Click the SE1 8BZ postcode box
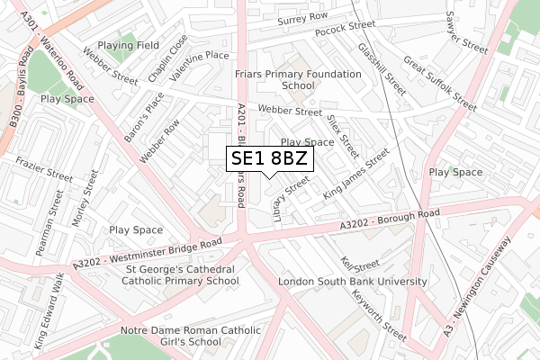[x=270, y=159]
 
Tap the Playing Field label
[x=129, y=44]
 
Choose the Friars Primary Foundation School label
[x=284, y=80]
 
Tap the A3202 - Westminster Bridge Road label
[x=147, y=253]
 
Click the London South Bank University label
[x=353, y=282]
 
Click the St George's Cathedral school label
[x=167, y=274]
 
